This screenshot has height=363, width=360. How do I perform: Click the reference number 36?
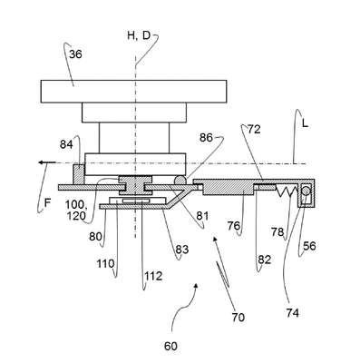(x=75, y=54)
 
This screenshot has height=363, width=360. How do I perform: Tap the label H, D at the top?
(x=139, y=35)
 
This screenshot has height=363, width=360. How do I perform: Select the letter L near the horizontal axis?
(x=305, y=123)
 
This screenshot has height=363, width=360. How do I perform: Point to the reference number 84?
(x=66, y=144)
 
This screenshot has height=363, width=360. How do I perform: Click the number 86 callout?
(x=206, y=138)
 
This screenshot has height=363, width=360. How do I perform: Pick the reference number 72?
(x=254, y=130)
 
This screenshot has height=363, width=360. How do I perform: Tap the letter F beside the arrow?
(x=47, y=202)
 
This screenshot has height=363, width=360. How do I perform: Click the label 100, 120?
(x=76, y=211)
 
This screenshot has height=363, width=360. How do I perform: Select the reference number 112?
(x=153, y=276)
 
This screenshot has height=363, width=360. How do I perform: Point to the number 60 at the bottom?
(x=170, y=346)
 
